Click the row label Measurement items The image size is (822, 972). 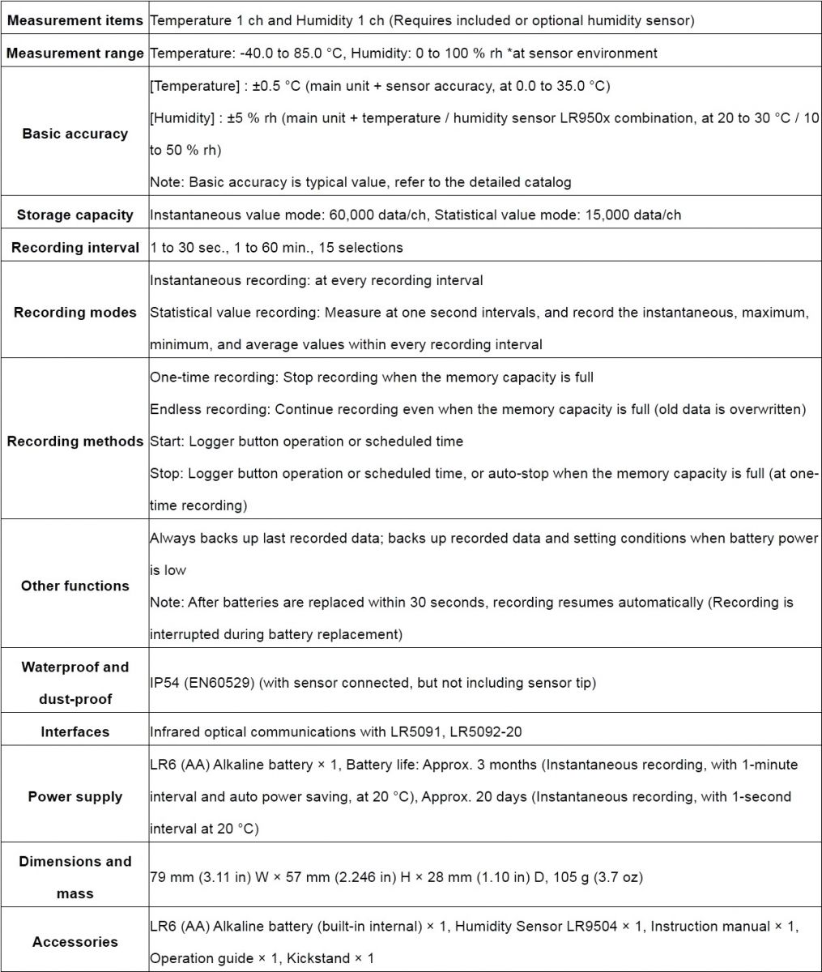[75, 20]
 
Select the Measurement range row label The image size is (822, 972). [75, 53]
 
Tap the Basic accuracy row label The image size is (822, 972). [75, 134]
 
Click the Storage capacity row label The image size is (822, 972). [75, 215]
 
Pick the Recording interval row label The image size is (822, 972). [75, 247]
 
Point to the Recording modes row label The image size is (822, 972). [75, 312]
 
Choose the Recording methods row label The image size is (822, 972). [75, 441]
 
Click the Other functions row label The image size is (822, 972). [75, 586]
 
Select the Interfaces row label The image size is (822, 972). [75, 731]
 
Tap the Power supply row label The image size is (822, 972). [75, 796]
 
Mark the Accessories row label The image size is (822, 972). [75, 942]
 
